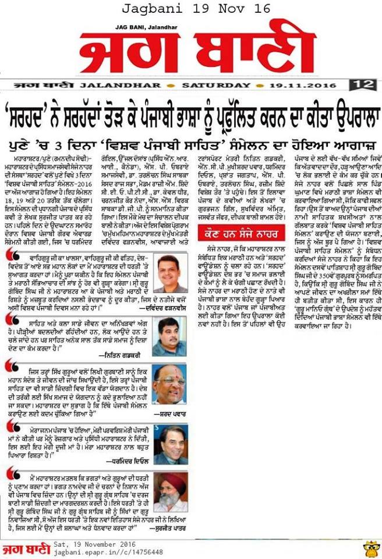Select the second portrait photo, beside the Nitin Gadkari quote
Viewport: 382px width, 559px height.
coord(169,334)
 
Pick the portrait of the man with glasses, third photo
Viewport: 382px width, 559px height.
coord(169,384)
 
